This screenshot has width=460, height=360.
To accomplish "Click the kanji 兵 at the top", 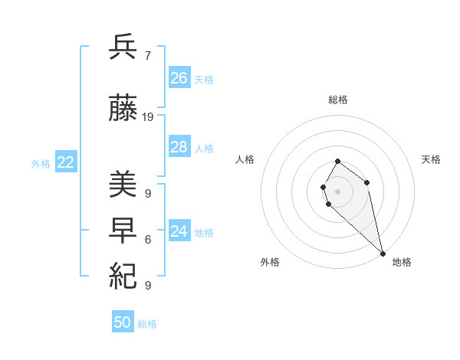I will (123, 48).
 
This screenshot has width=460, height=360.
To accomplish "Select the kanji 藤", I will (123, 110).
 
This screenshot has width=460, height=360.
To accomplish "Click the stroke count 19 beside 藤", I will (148, 117).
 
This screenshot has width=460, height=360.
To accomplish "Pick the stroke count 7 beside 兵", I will (147, 55).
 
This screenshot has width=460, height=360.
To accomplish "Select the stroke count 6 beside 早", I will (147, 239).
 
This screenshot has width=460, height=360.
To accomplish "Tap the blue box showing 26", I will (179, 78).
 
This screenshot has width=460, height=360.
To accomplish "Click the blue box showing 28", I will (179, 147).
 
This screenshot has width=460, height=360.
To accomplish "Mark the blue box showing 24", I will (179, 231).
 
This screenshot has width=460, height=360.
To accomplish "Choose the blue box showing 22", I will (66, 162).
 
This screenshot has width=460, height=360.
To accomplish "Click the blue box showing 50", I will (123, 322).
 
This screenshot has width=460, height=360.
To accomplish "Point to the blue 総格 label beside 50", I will (147, 324).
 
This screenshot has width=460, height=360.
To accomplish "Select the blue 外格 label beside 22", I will (41, 164).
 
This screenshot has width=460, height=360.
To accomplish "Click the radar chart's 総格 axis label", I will (338, 100).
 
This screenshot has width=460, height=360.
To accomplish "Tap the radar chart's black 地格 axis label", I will (402, 262).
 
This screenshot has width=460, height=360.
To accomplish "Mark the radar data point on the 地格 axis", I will (382, 254).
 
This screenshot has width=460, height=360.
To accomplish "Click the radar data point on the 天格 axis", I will (367, 182).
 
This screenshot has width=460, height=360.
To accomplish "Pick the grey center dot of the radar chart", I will (338, 191).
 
